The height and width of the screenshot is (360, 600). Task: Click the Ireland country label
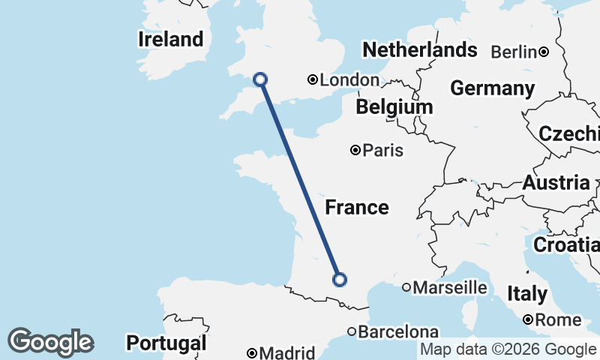point(171,39)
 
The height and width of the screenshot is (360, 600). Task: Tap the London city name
point(349,80)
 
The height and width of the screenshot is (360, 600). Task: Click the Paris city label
point(382,151)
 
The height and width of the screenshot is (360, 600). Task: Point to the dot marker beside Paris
point(355,150)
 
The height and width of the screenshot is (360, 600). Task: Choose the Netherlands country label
point(419,50)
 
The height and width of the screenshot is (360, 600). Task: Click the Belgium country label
point(394,106)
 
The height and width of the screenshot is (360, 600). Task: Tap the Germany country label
point(492,88)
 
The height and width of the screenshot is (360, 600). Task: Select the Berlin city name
point(513,52)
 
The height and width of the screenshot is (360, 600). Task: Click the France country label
point(357,207)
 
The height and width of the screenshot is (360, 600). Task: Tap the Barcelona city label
point(398,331)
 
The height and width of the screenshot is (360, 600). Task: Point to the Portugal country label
point(166,343)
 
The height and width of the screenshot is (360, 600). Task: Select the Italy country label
point(527,293)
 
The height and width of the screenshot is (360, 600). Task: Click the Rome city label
point(559,320)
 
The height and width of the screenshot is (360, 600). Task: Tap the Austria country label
point(556,182)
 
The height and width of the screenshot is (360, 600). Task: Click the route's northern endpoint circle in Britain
point(260,79)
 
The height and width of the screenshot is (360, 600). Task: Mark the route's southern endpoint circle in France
point(340,280)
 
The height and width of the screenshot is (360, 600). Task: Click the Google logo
point(50,342)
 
